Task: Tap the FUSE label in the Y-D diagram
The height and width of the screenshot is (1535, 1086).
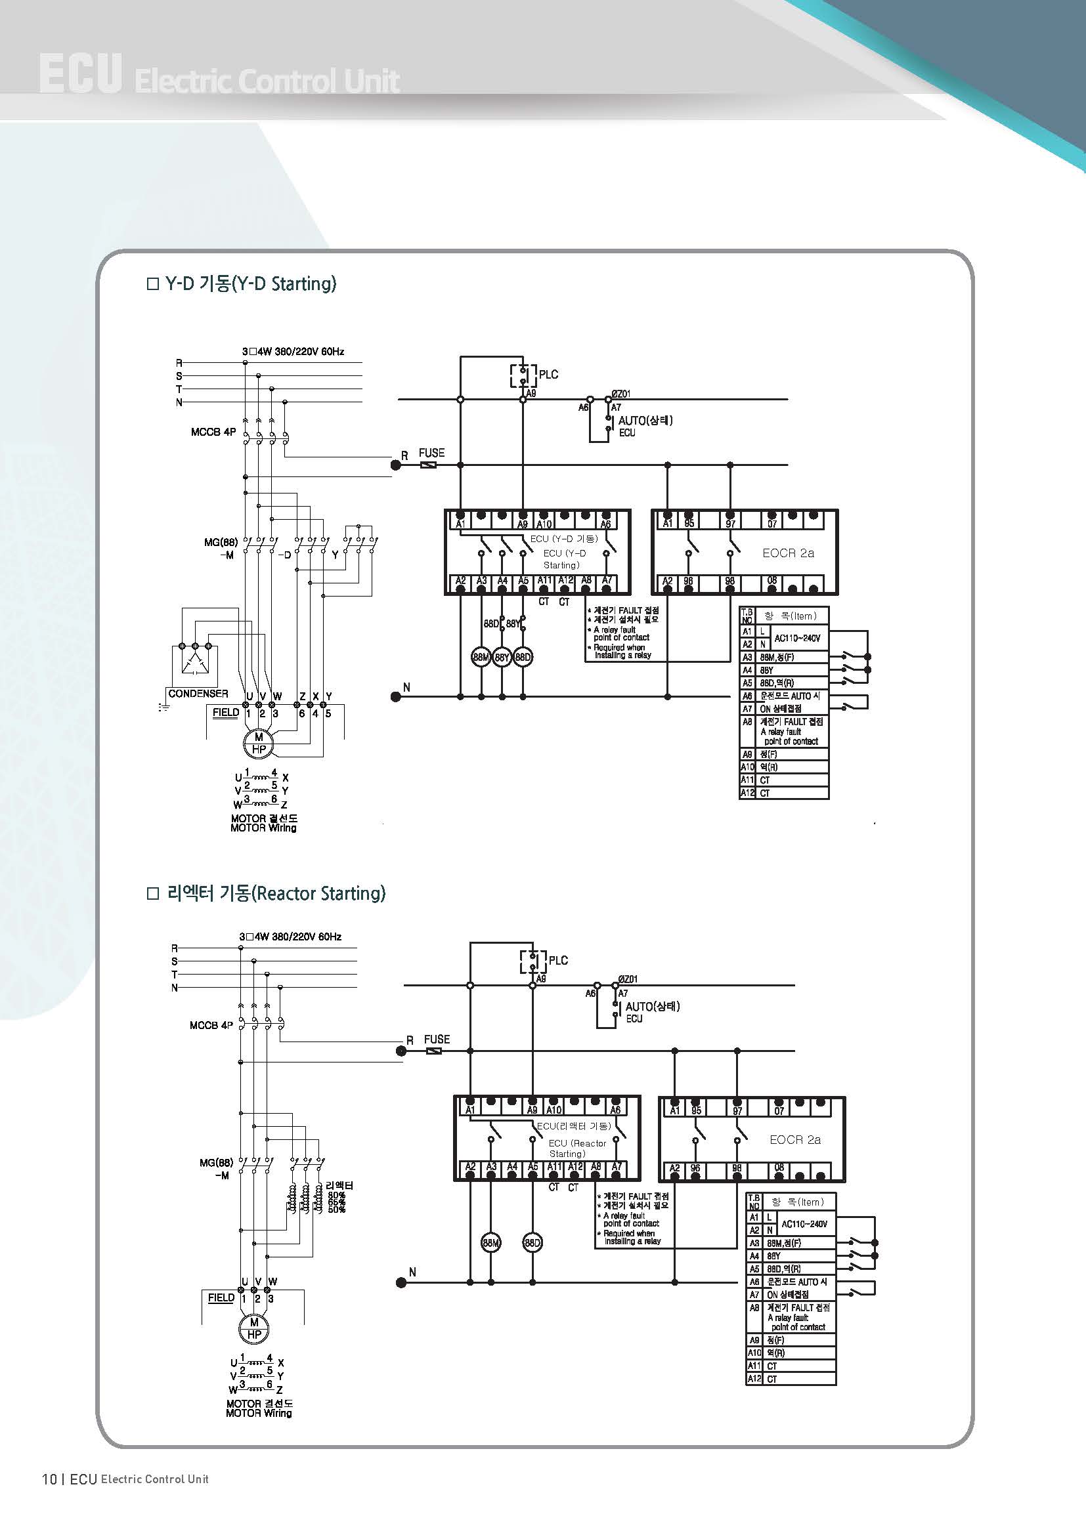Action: tap(431, 453)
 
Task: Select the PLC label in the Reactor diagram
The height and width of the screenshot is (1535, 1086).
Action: tap(558, 960)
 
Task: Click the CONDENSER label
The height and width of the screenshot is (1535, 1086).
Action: tap(198, 693)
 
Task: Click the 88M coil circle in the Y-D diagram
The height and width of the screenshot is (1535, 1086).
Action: tap(481, 657)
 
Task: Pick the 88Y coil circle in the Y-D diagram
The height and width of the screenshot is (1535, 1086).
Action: tap(502, 657)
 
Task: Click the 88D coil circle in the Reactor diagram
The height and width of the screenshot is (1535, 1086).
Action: tap(532, 1243)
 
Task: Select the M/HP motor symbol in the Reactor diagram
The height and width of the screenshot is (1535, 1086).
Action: tap(254, 1328)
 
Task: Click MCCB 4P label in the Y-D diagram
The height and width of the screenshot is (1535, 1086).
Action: tap(213, 432)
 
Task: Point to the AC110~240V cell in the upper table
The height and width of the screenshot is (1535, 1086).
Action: tap(797, 638)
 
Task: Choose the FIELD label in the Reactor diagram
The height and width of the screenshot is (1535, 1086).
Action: tap(221, 1297)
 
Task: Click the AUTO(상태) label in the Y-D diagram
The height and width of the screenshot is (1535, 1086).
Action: tap(645, 420)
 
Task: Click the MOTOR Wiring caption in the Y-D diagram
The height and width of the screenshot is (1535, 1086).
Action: tap(263, 828)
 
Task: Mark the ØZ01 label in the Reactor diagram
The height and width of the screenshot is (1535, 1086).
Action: tap(628, 978)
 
